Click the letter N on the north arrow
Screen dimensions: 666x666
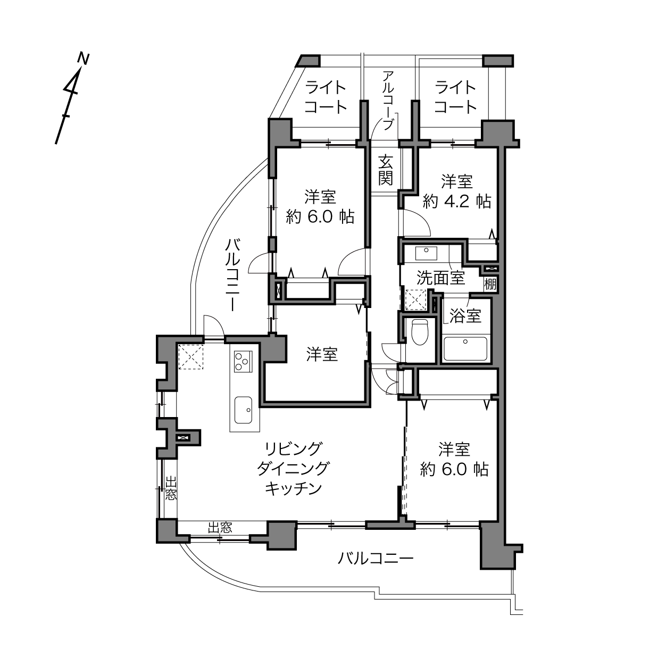point(84,59)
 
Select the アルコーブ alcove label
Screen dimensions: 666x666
point(388,100)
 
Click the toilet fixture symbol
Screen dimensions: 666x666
point(420,332)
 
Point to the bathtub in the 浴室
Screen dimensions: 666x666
point(465,348)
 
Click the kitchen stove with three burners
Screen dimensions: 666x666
point(243,361)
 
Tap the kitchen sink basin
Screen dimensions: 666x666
point(243,410)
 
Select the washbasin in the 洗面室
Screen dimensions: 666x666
point(426,253)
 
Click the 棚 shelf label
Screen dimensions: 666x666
point(490,284)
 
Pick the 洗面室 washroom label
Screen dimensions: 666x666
point(440,278)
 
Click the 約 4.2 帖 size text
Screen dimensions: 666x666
point(456,201)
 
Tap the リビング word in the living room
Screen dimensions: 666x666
point(294,449)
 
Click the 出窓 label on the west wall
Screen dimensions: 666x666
point(171,488)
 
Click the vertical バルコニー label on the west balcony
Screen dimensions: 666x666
point(232,275)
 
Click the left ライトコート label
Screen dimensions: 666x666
point(326,97)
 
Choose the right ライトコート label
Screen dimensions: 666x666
point(455,97)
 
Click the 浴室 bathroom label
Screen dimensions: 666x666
point(465,315)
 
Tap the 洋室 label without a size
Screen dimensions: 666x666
point(322,355)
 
